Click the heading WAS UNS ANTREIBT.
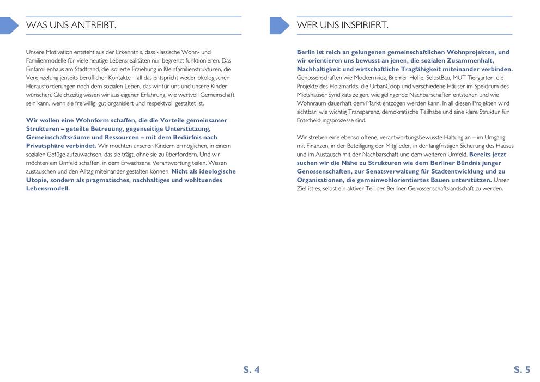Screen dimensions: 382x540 click(x=71, y=26)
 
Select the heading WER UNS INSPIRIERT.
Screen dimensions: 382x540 click(x=342, y=26)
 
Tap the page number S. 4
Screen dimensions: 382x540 click(x=251, y=370)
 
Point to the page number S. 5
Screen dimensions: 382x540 click(x=521, y=370)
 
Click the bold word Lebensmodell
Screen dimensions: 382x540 click(x=48, y=189)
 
